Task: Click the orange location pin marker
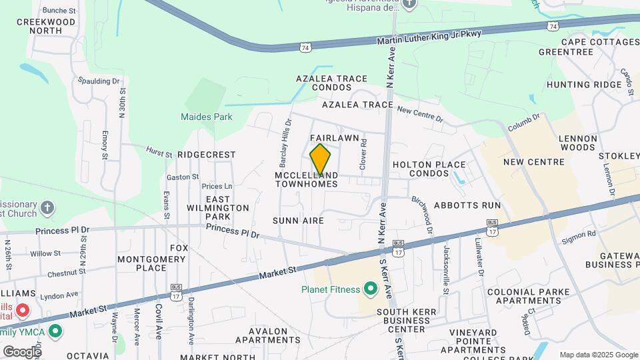320,159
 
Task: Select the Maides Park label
207,117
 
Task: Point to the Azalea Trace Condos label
332,83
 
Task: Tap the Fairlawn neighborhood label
335,138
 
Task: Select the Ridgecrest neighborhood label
207,155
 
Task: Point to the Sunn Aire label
298,221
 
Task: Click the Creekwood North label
47,26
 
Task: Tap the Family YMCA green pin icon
56,330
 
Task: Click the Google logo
22,351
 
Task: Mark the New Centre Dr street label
420,114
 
